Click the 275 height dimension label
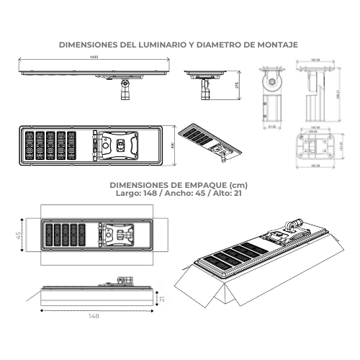pyautogui.click(x=237, y=84)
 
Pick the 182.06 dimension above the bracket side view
pyautogui.click(x=315, y=60)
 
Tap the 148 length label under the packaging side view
pyautogui.click(x=94, y=315)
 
